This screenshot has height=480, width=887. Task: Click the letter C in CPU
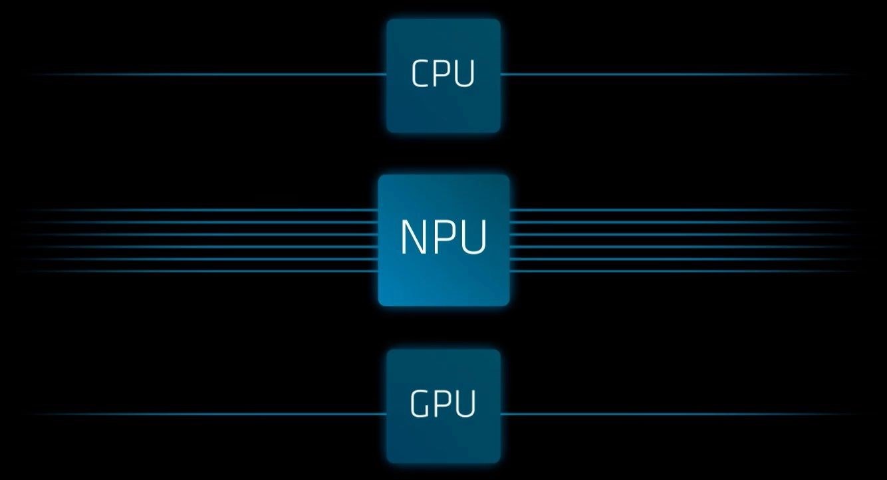420,73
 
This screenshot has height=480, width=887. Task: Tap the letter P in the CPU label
441,73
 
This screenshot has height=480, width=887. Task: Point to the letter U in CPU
464,73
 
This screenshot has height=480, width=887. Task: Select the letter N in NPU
414,237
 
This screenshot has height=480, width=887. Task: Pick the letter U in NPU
473,237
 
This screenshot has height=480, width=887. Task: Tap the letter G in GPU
419,404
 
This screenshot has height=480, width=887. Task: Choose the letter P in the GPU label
442,404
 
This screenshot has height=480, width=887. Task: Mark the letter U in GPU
465,404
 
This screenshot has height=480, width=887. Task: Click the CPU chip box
443,75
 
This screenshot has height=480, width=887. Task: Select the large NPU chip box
443,240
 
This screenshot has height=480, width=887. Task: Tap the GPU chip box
443,406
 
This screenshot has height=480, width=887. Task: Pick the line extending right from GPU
679,414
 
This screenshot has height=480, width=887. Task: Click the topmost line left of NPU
200,210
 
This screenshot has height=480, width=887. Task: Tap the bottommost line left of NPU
200,271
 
